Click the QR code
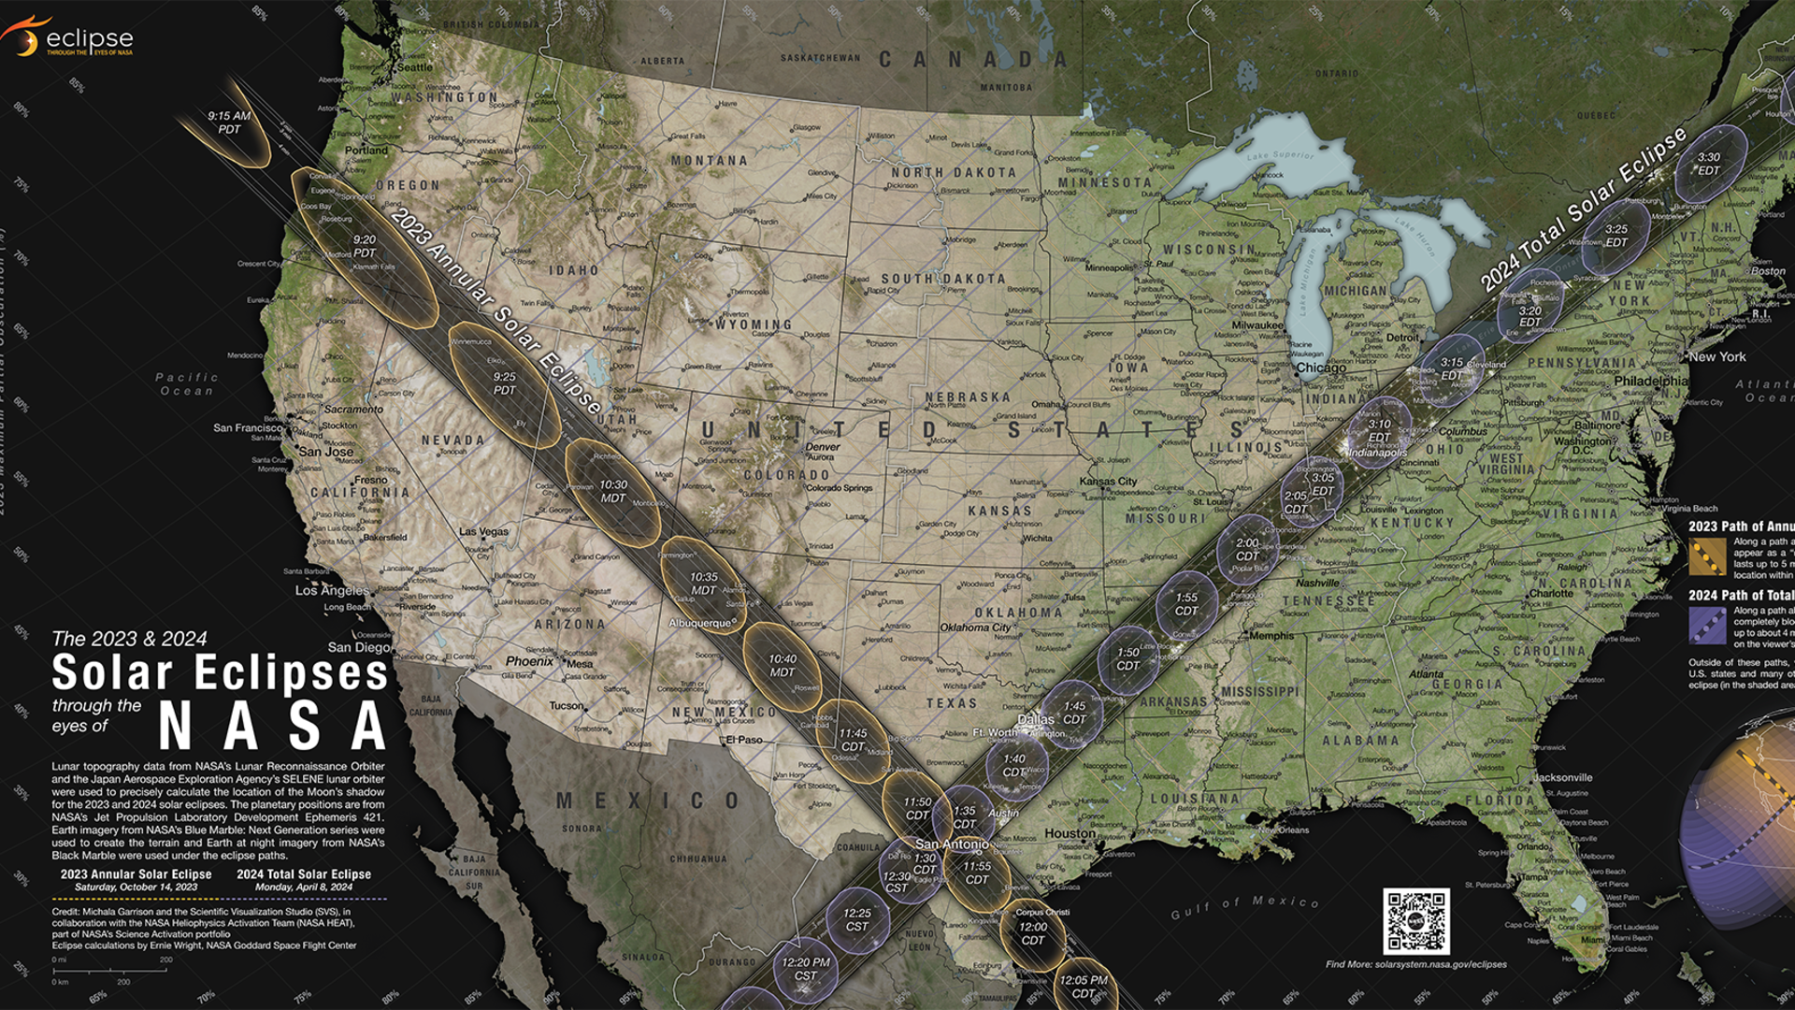[x=1415, y=921]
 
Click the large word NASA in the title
[x=272, y=726]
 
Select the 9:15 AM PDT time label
[x=229, y=123]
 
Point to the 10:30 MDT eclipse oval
[x=613, y=492]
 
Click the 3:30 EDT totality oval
[x=1709, y=165]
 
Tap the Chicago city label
[x=1321, y=368]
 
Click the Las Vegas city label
[x=484, y=531]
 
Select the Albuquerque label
[x=699, y=623]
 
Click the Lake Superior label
[x=1280, y=155]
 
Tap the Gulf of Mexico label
[x=1244, y=906]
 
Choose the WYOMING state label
[x=753, y=325]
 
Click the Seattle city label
[x=415, y=67]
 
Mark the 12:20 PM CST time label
[x=806, y=968]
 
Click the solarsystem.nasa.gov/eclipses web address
[x=1415, y=964]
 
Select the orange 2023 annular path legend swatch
[x=1707, y=558]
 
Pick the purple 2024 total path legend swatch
[x=1707, y=626]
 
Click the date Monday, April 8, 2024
[x=304, y=887]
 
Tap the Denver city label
[x=823, y=447]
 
